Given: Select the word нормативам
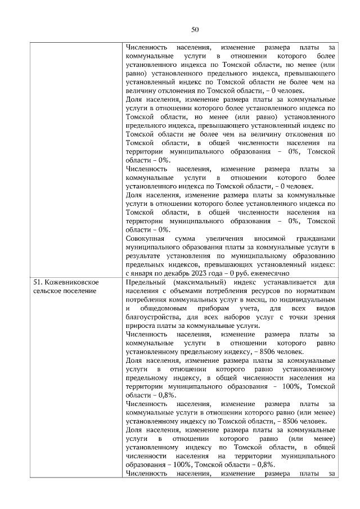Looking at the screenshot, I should coord(315,290).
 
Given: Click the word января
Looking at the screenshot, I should coord(144,273).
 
